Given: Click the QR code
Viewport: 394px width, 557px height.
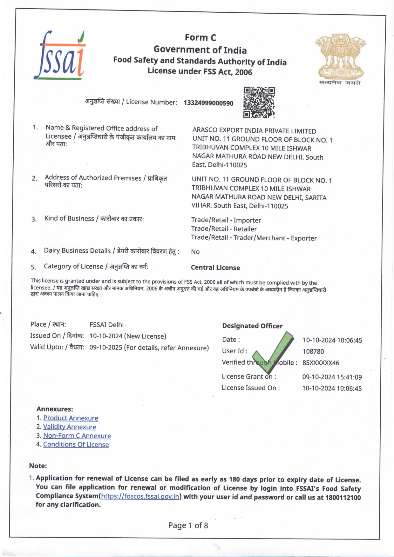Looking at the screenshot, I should (x=259, y=102).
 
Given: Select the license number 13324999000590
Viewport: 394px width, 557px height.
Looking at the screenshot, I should (x=208, y=103).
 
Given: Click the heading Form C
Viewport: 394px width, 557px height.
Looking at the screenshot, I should (x=200, y=37).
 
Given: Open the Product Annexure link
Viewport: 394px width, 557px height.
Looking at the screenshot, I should (x=71, y=418).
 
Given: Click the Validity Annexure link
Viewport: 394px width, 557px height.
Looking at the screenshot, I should (x=70, y=427).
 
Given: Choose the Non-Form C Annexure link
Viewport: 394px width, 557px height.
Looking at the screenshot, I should (x=77, y=436).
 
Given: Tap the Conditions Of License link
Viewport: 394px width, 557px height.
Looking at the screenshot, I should (x=76, y=445).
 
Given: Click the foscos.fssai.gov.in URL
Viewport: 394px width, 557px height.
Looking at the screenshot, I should (x=140, y=496).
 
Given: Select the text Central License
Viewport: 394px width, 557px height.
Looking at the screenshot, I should (x=215, y=268).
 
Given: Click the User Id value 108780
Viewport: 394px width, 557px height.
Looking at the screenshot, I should (x=313, y=351).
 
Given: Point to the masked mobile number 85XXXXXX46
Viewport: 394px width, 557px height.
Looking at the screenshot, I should (x=321, y=363).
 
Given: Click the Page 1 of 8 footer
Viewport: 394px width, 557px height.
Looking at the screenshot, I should (x=188, y=526).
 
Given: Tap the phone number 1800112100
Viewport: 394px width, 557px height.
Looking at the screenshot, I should (x=343, y=497).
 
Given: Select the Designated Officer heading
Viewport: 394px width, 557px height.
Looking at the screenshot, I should (x=252, y=326).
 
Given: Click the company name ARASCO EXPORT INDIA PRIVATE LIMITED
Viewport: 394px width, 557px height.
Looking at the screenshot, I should (x=254, y=131).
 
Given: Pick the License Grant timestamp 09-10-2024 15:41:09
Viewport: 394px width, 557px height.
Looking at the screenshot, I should (x=332, y=377).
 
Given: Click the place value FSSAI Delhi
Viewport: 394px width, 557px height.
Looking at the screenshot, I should (x=107, y=325).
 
